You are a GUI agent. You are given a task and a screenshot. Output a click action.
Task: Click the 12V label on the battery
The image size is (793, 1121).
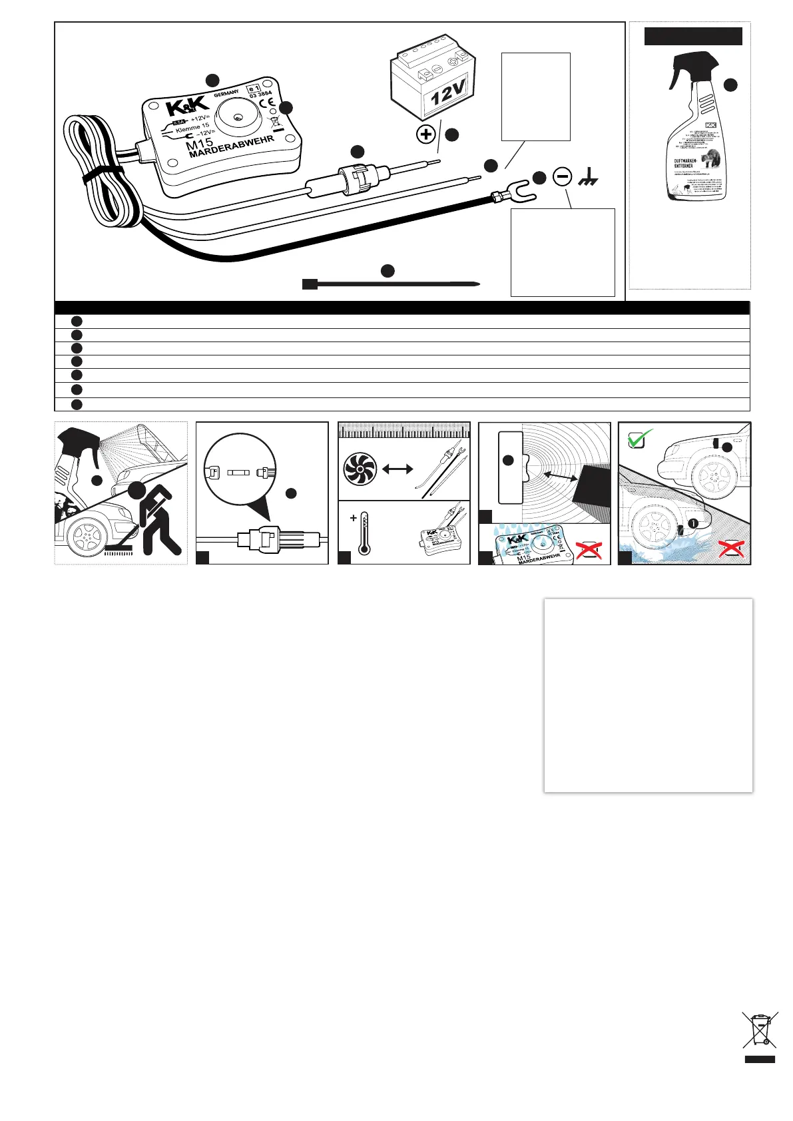click(x=448, y=93)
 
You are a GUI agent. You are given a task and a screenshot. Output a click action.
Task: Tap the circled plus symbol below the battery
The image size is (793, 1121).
click(x=426, y=134)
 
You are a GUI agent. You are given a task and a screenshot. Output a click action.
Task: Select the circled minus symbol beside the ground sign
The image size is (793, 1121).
click(x=563, y=177)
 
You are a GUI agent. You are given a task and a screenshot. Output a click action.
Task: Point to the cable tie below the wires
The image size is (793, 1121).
click(x=392, y=284)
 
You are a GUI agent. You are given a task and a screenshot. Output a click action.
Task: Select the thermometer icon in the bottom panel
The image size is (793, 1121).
click(x=364, y=533)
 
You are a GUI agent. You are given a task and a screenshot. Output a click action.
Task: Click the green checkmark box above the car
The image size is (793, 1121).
click(x=639, y=438)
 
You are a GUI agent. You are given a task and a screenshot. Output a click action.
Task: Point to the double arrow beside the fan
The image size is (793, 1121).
click(x=397, y=469)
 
